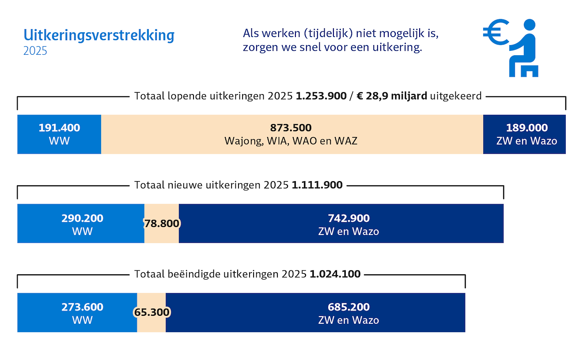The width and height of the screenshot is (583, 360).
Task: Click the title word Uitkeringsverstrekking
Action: pyautogui.click(x=99, y=35)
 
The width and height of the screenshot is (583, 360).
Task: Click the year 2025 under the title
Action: pyautogui.click(x=35, y=51)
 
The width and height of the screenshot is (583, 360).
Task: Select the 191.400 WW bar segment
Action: pyautogui.click(x=59, y=134)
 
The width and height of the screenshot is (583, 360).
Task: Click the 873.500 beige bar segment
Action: pyautogui.click(x=291, y=134)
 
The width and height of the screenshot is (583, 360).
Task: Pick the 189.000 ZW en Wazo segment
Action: pyautogui.click(x=524, y=134)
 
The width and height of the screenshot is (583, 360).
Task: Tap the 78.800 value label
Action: pyautogui.click(x=162, y=224)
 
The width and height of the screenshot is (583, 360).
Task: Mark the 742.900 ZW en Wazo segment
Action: pyautogui.click(x=341, y=224)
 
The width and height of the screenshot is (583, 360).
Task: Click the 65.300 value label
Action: pyautogui.click(x=152, y=313)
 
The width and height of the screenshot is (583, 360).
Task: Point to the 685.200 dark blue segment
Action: pyautogui.click(x=315, y=313)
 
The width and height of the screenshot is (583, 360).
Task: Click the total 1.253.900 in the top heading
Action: pyautogui.click(x=321, y=96)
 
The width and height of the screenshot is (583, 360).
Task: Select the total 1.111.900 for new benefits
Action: pyautogui.click(x=317, y=185)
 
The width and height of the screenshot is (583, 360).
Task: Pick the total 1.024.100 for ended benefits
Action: pyautogui.click(x=335, y=274)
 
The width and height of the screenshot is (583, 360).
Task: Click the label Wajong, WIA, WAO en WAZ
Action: pyautogui.click(x=291, y=141)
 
